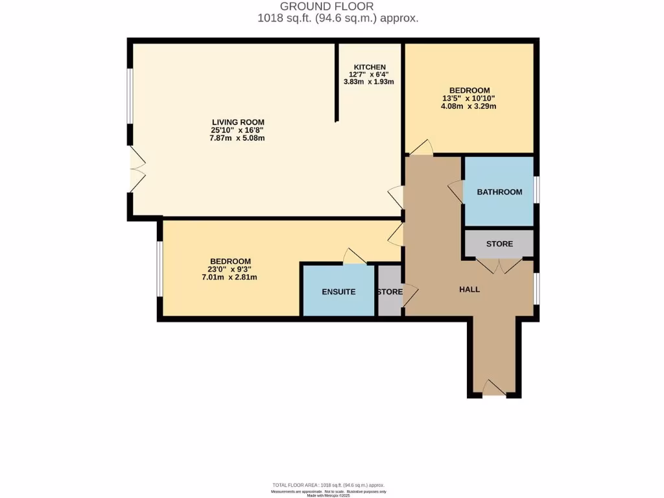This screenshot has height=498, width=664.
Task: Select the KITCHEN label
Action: coord(370,67)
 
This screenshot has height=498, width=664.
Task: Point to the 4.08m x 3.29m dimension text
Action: coord(469,106)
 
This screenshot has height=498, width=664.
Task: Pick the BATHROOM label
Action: coord(499,192)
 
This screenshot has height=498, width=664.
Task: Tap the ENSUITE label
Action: coord(338,292)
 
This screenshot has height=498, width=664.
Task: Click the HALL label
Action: coord(469,289)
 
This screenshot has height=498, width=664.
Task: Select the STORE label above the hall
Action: coord(499,244)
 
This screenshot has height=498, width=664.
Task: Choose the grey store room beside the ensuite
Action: coord(389,292)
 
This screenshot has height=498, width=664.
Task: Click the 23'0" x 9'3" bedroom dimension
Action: coord(230,269)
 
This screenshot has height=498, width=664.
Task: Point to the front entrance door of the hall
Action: coord(494,389)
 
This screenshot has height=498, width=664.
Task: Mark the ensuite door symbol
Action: coord(355,257)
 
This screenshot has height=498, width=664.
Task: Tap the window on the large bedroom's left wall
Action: coord(159,269)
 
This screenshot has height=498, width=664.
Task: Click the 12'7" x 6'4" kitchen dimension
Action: coord(370,75)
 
